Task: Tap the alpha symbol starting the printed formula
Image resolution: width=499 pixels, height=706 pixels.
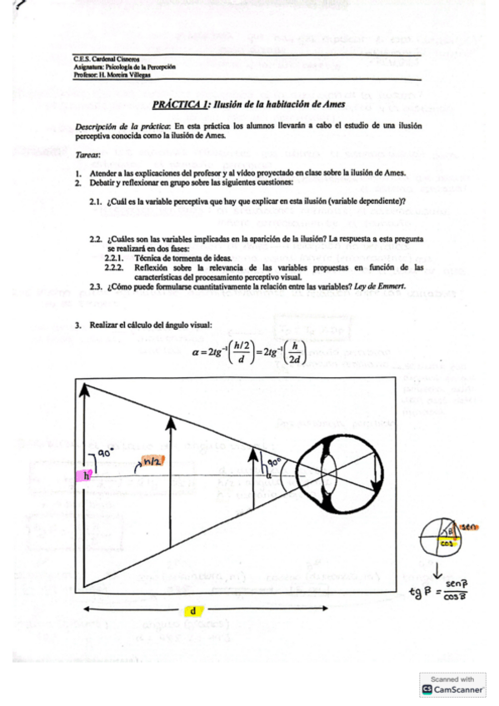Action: tap(197, 352)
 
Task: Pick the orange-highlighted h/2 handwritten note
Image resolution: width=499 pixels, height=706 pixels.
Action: tap(152, 460)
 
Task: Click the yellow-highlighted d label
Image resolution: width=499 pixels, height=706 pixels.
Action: tap(192, 610)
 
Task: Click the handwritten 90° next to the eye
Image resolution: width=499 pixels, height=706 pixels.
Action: tap(273, 460)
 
